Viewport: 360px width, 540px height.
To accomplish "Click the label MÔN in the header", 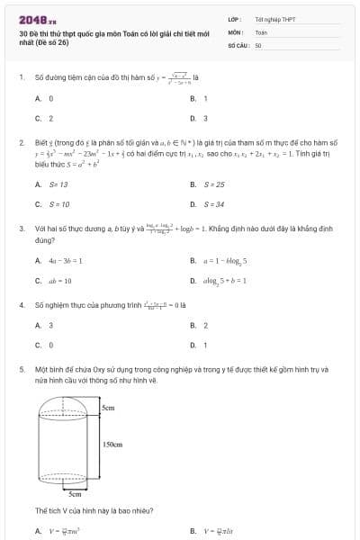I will (x=235, y=31).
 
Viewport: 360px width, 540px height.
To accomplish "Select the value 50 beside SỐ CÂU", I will (x=258, y=43).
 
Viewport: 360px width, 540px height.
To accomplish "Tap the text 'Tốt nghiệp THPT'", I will (x=274, y=19).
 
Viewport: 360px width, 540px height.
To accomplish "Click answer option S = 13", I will (x=58, y=184).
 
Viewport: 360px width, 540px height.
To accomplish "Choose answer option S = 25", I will (x=213, y=184).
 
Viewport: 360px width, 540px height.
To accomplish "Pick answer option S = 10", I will (x=58, y=204).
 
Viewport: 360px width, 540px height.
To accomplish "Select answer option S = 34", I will (x=213, y=204).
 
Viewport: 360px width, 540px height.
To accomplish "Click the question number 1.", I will (x=21, y=77).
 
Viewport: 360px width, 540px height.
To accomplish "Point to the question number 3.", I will (x=21, y=229).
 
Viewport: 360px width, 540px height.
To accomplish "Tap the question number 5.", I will (x=21, y=369).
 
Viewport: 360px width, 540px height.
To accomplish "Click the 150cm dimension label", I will (x=112, y=445).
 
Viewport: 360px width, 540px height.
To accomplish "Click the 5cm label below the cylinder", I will (x=76, y=494).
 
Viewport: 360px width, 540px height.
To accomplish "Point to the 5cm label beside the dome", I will (x=108, y=408).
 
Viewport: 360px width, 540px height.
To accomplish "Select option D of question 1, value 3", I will (x=205, y=118).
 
